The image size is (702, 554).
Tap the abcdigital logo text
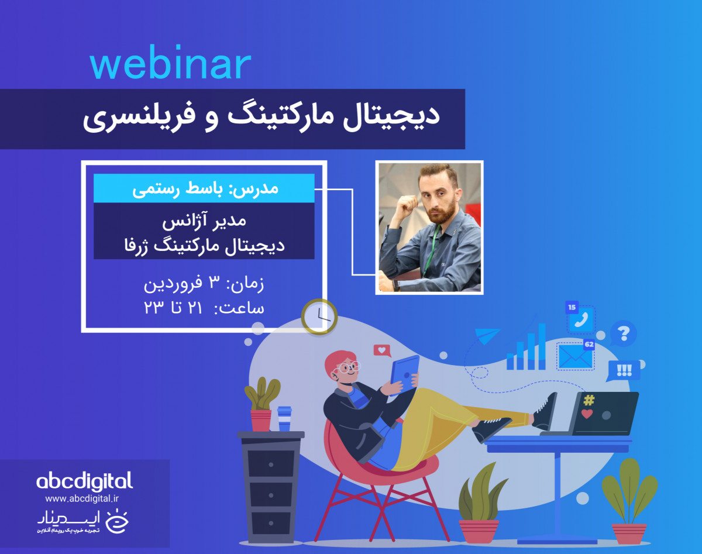(x=85, y=481)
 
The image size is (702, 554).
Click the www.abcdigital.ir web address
(x=82, y=498)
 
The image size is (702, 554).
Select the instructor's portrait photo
(x=429, y=227)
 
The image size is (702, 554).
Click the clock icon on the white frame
(x=319, y=316)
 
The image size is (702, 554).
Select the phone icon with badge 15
(x=581, y=319)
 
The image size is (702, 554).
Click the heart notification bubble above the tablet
(x=382, y=351)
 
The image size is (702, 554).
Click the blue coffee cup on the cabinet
(x=284, y=418)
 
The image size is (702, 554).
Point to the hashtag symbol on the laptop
(x=589, y=401)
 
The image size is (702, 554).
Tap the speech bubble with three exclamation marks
(x=624, y=370)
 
